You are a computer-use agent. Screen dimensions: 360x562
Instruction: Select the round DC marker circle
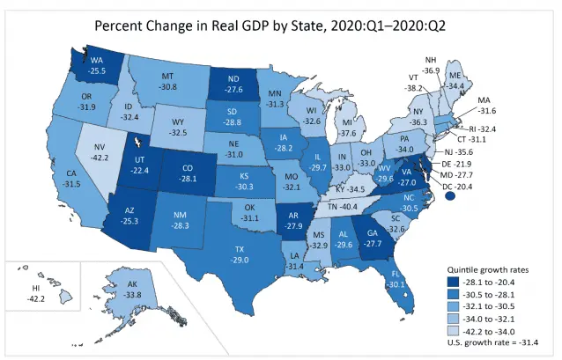click(x=452, y=198)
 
